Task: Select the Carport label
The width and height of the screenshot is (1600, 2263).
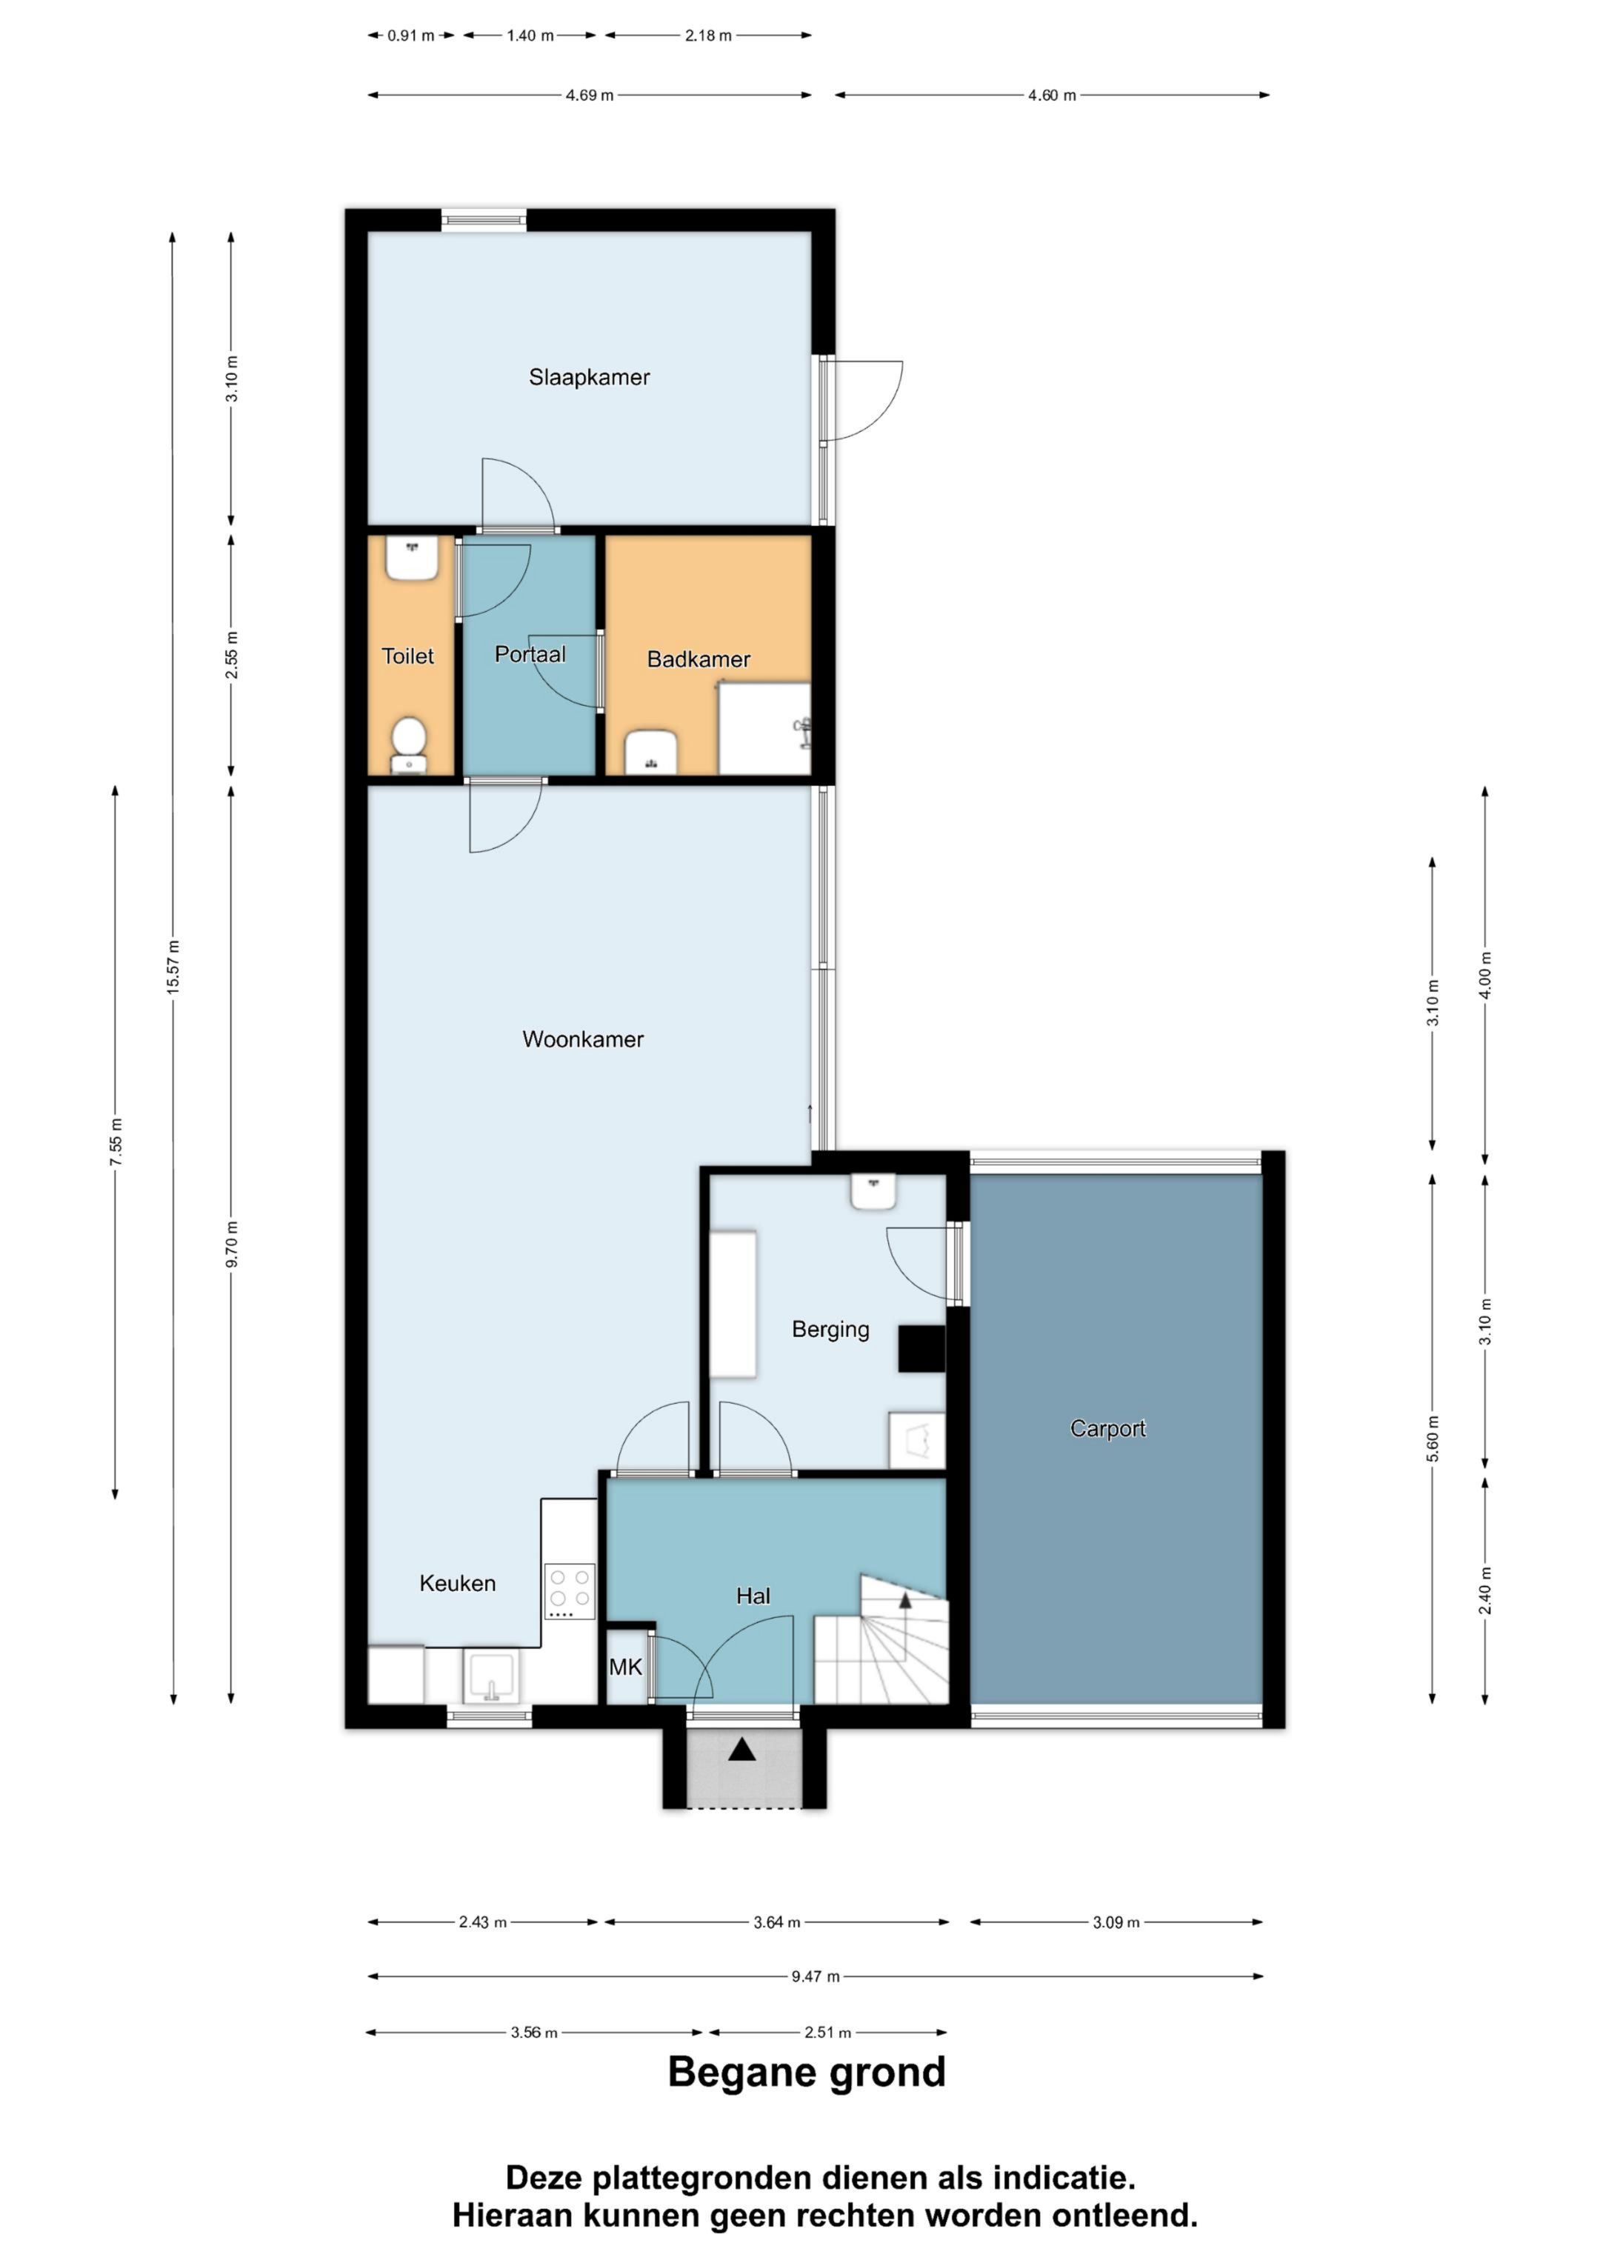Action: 1108,1428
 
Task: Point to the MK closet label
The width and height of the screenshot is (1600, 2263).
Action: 625,1667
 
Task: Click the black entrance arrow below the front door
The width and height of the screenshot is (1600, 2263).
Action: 742,1750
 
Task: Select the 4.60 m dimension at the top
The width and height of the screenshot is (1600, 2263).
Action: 1052,96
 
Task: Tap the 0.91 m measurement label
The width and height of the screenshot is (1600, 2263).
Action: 410,36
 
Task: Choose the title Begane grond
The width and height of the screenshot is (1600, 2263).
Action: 807,2073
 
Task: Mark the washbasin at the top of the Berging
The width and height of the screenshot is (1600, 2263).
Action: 873,1193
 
